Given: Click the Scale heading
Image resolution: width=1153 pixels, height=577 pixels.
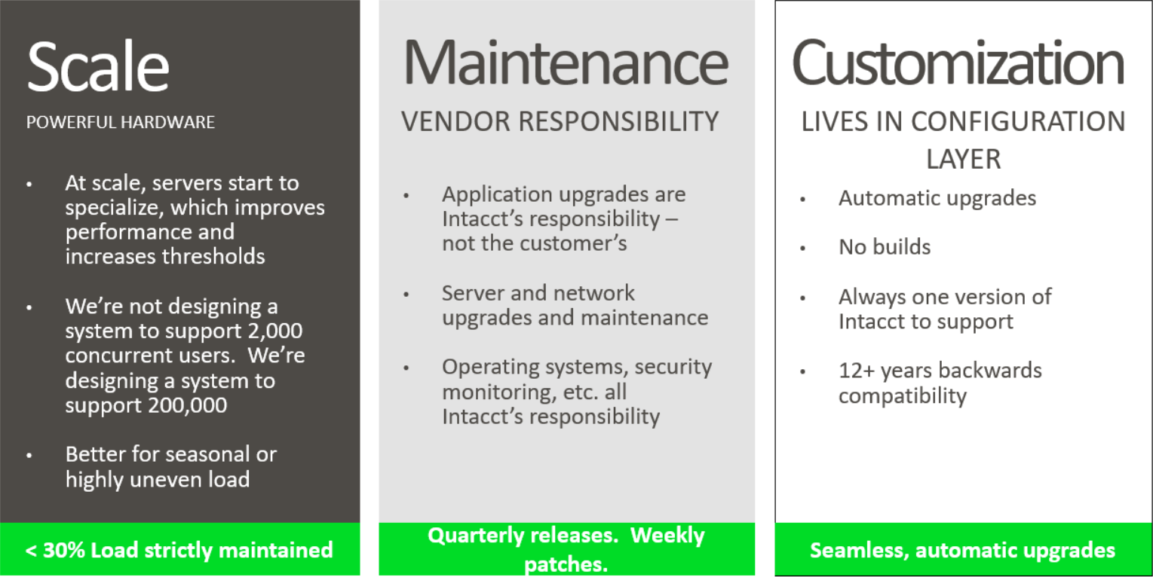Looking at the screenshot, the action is (98, 66).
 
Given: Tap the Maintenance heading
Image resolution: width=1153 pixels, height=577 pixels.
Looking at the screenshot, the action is (566, 63).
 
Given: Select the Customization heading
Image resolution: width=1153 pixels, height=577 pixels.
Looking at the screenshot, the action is (958, 63).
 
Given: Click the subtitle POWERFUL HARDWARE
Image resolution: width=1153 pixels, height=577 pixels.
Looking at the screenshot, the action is (121, 122).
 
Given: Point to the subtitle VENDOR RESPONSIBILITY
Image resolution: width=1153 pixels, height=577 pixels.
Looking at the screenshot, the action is (560, 121).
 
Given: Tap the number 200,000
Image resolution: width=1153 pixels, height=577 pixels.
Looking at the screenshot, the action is (188, 405).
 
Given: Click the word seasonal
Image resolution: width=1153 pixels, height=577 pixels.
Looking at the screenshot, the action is (205, 454).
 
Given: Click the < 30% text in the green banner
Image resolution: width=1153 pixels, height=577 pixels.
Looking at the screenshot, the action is (55, 550).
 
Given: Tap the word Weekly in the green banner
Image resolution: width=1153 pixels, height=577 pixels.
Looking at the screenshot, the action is (667, 536).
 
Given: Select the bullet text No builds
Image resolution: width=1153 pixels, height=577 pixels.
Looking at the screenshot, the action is (885, 247).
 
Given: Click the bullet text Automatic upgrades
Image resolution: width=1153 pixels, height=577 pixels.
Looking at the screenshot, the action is (937, 199).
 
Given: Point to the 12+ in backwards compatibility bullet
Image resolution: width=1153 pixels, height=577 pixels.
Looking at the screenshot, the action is (857, 371).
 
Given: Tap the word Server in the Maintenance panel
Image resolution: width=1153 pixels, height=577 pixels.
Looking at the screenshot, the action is (473, 293).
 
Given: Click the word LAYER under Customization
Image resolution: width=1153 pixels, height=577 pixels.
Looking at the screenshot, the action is (963, 160).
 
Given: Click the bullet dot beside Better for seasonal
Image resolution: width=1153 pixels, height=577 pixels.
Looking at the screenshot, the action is (29, 455).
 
